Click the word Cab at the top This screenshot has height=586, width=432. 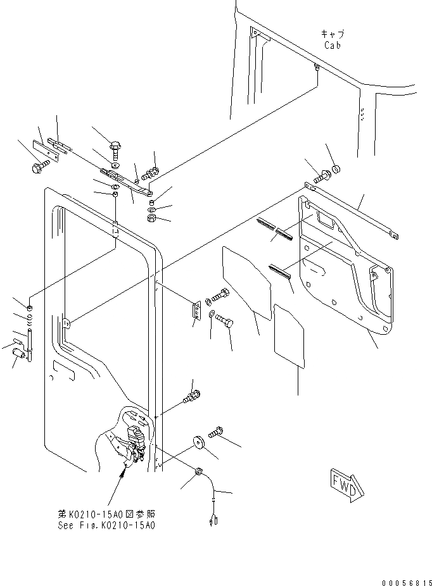[x=333, y=45]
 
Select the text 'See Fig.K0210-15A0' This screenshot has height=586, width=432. [x=105, y=525]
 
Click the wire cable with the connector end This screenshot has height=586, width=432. [x=215, y=500]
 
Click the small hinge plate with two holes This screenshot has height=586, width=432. [x=196, y=311]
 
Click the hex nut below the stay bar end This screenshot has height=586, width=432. [x=152, y=218]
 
